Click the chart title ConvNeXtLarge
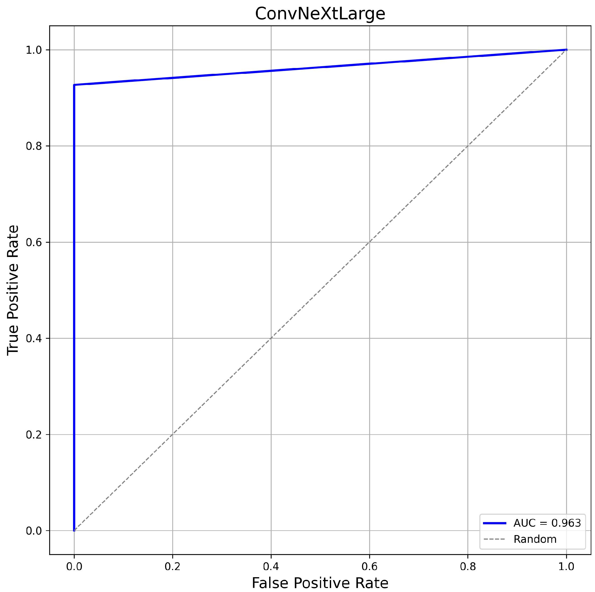[320, 14]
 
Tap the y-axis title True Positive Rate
[13, 290]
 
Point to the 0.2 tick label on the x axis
[173, 566]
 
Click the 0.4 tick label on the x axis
[271, 566]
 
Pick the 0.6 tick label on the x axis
[369, 566]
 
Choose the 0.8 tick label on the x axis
[467, 566]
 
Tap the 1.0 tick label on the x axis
[566, 566]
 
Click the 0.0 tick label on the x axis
[74, 566]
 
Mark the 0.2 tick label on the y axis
[34, 435]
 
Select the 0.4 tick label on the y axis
[34, 339]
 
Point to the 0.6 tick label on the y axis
[34, 243]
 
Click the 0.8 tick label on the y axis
[34, 146]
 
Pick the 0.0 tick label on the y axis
[34, 531]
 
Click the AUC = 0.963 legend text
[547, 523]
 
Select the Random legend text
[535, 539]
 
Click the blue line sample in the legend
[494, 523]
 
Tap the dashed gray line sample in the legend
[494, 539]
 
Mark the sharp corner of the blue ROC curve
[74, 85]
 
